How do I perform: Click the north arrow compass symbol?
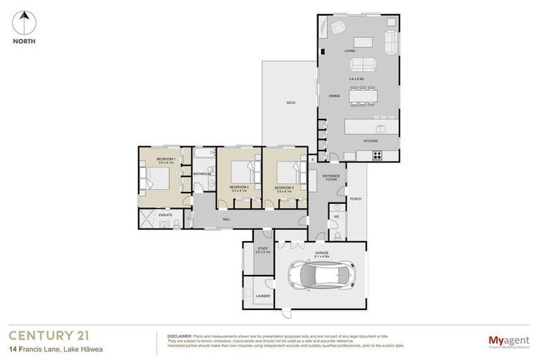point(25,22)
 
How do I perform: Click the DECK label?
point(290,103)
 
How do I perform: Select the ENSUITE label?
point(165,214)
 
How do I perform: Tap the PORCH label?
point(355,199)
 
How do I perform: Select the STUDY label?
point(262,248)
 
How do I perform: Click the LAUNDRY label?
point(263,296)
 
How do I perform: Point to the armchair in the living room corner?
point(337,27)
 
